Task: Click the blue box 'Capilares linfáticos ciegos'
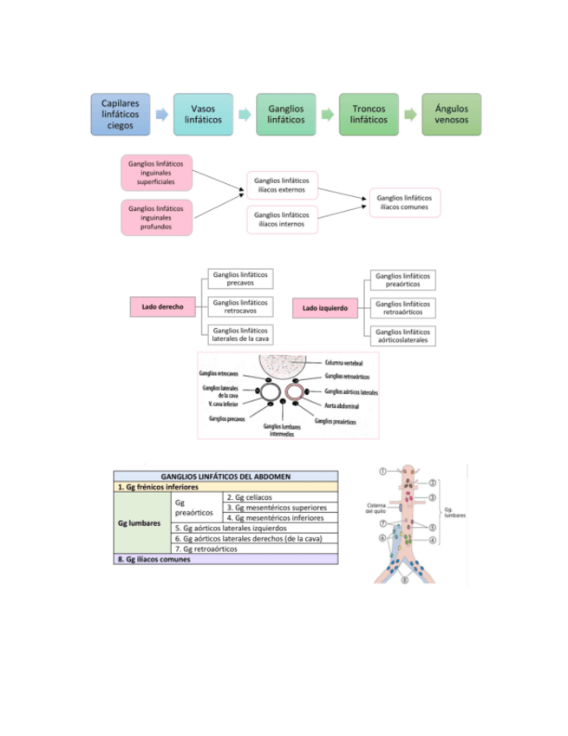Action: [x=121, y=114]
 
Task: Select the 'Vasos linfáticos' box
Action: [x=203, y=114]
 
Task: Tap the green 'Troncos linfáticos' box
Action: [x=369, y=114]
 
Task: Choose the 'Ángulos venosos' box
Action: [x=451, y=114]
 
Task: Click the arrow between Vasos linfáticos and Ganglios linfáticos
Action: [x=245, y=115]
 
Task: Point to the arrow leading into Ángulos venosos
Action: [x=410, y=115]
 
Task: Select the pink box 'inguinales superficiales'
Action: [x=157, y=173]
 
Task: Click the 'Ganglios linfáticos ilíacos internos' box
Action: [x=282, y=220]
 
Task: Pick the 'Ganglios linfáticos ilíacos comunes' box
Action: [x=404, y=202]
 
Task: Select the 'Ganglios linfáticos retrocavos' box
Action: [x=241, y=306]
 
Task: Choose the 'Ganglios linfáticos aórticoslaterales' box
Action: [x=403, y=336]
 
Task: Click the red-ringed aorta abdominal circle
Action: [x=296, y=391]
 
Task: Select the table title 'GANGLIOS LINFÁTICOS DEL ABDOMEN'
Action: [x=225, y=476]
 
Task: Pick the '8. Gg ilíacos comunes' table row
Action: [x=225, y=559]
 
